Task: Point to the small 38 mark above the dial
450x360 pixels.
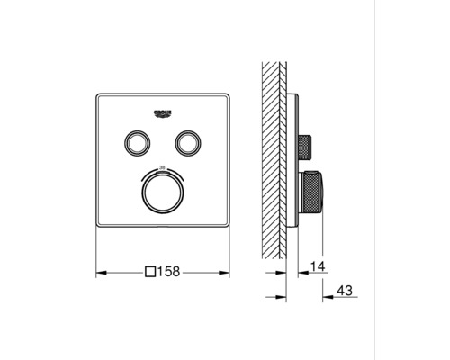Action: tap(163, 167)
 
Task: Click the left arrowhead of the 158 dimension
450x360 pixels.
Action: tap(99, 270)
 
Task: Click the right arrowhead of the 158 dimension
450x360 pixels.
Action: tap(227, 270)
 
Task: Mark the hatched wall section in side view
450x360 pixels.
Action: tap(274, 153)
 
